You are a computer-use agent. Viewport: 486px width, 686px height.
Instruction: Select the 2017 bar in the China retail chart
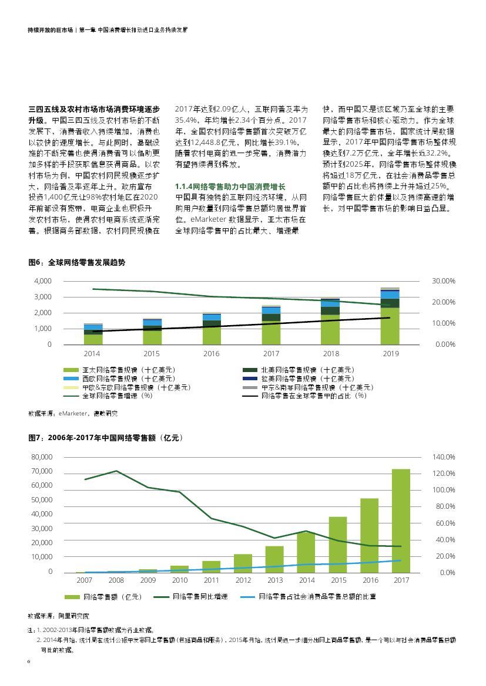tap(401, 521)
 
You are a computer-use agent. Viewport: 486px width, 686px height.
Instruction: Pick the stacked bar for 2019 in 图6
tap(390, 317)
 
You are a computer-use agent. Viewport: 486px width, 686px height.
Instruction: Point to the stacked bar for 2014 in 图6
tap(93, 334)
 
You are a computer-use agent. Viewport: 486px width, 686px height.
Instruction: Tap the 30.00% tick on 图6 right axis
tap(444, 281)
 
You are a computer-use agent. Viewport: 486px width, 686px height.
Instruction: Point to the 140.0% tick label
tap(444, 457)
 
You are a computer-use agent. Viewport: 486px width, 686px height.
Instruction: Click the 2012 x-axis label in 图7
tap(243, 580)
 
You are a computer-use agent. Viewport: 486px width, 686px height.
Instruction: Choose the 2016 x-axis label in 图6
tap(211, 353)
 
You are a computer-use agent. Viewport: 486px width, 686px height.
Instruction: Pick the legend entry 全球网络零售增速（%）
tap(112, 396)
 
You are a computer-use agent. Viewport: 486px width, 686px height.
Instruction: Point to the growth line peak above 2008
tap(116, 471)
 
